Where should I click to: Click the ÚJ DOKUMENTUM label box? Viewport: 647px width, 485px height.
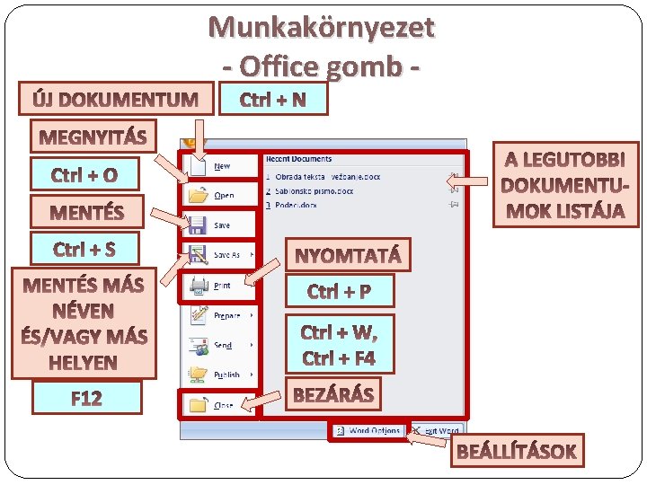(116, 99)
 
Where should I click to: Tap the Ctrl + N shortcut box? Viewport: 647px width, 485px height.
(273, 99)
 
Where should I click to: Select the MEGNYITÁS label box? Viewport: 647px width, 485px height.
(93, 137)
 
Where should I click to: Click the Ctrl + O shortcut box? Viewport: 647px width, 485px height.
(84, 174)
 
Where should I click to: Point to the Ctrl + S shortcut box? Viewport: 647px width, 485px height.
(84, 249)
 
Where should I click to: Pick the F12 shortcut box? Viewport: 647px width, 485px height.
(86, 398)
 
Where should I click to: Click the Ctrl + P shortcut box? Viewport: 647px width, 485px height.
(340, 291)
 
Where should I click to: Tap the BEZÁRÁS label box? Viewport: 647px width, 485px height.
(333, 393)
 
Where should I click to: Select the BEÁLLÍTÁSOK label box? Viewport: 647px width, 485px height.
(517, 451)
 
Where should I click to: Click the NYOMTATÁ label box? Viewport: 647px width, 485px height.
(349, 255)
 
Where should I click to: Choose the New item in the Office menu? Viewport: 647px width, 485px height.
(221, 166)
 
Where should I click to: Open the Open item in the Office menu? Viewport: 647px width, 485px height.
(223, 195)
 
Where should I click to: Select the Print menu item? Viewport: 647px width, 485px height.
(221, 286)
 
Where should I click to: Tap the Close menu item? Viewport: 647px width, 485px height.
(223, 405)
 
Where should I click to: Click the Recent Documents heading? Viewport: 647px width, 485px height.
(298, 159)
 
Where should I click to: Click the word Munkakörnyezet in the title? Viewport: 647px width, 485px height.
(322, 27)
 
